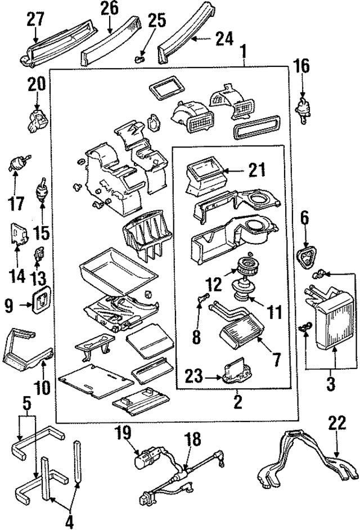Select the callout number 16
[302, 67]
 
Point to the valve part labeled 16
[303, 106]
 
